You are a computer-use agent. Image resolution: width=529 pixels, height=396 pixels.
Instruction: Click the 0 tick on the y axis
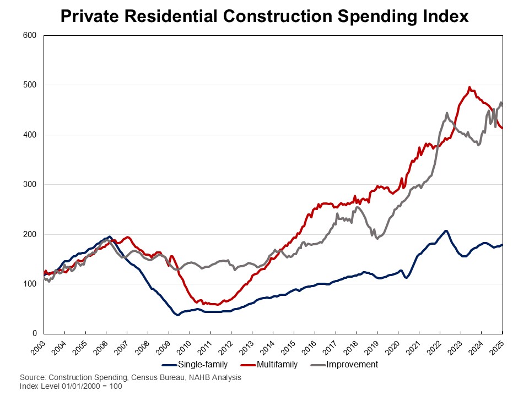(34, 334)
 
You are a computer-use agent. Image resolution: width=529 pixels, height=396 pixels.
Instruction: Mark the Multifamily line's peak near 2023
(469, 87)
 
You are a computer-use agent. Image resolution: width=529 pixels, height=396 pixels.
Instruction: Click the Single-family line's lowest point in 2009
(177, 315)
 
